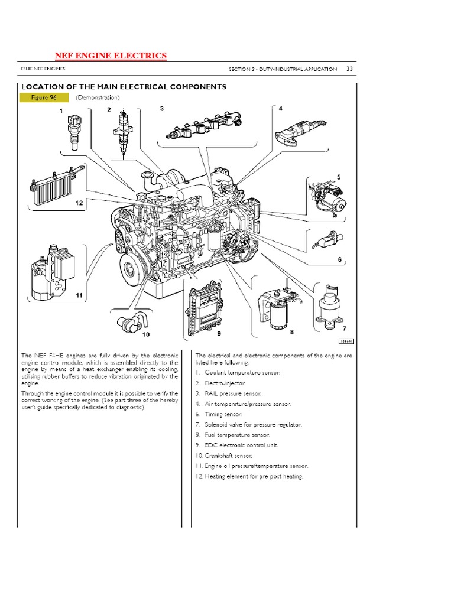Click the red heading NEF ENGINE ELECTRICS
click(111, 56)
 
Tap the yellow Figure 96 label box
click(42, 97)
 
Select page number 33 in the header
click(349, 69)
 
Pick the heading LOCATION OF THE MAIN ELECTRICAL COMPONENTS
click(124, 87)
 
